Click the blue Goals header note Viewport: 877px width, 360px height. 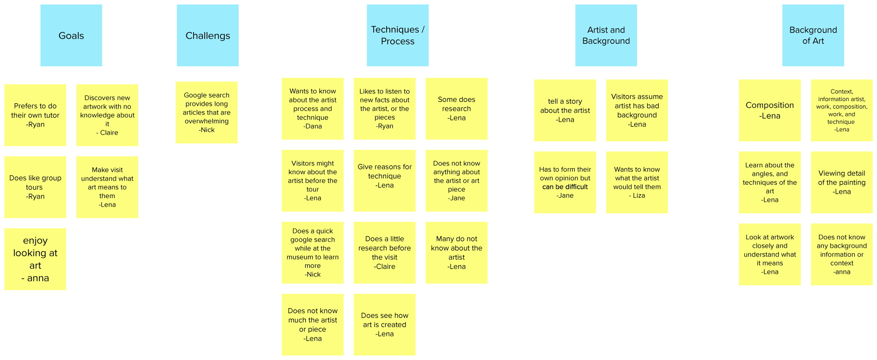coord(71,35)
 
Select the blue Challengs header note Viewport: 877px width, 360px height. coord(207,35)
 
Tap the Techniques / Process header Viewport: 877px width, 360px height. coord(397,35)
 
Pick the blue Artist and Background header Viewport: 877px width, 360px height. coord(606,35)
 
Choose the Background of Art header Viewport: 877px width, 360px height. coord(813,35)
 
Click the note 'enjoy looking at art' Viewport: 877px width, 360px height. coord(35,259)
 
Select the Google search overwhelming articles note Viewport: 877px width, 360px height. coord(207,112)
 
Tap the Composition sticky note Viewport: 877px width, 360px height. coord(770,110)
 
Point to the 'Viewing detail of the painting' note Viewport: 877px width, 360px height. coord(842,182)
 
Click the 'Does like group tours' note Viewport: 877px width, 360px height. coord(35,187)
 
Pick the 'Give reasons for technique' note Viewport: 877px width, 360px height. coord(384,180)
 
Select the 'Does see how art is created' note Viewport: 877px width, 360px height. coord(384,324)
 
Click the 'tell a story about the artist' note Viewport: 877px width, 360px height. coord(565,110)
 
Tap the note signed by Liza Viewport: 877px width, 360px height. coord(637,182)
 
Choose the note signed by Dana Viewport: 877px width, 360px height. coord(312,108)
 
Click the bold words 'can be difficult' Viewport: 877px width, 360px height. coord(565,187)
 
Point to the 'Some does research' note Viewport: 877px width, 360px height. coord(456,108)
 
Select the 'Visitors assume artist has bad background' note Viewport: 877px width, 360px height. coord(637,110)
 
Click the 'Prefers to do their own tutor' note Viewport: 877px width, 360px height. coord(35,115)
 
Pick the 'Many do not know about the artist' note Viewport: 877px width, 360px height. coord(456,252)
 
